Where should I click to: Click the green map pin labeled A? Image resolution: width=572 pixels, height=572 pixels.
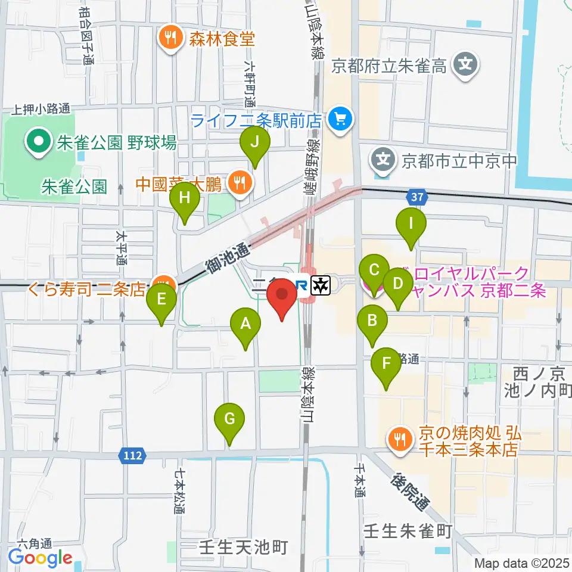tap(245, 325)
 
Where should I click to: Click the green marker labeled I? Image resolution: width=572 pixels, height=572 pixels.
tap(411, 225)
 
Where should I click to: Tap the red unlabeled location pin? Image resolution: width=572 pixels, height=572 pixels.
tap(281, 297)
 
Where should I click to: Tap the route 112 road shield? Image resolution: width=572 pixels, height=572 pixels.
tap(133, 456)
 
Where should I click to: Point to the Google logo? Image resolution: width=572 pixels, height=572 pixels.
tap(41, 558)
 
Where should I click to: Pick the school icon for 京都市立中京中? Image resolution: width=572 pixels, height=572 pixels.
tap(382, 160)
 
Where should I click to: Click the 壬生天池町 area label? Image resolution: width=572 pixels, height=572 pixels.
tap(244, 546)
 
